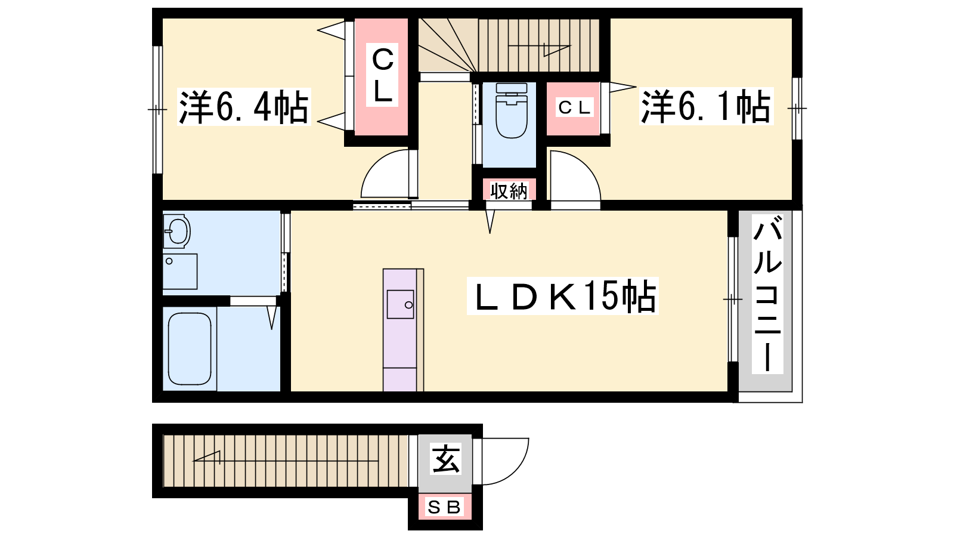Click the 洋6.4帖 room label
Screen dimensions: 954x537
point(244,107)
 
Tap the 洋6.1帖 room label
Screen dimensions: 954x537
point(706,107)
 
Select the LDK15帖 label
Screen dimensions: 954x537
point(563,296)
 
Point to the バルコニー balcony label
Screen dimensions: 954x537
point(767,294)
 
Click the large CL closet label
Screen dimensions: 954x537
point(382,75)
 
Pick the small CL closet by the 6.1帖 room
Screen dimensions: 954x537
point(574,107)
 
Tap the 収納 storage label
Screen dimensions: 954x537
point(509,191)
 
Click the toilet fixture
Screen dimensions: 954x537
point(512,110)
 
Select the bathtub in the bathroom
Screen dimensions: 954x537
point(190,348)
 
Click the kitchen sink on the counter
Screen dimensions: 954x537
point(400,304)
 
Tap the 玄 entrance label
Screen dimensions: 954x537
point(445,459)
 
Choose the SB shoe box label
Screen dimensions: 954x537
point(444,507)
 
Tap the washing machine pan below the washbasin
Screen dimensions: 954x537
point(179,271)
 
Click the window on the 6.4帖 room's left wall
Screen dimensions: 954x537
point(157,110)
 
